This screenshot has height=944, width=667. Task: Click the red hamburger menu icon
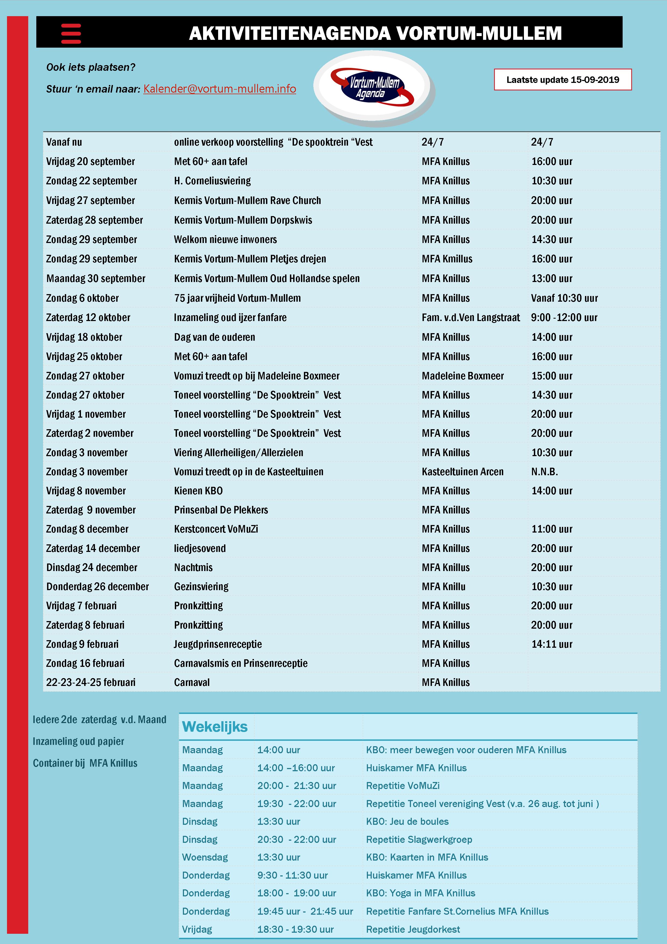coord(71,33)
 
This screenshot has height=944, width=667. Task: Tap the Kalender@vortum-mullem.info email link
coord(219,89)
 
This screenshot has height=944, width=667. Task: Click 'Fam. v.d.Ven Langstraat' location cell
coord(471,318)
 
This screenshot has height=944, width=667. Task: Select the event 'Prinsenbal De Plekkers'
coord(221,510)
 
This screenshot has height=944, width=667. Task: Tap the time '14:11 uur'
coord(552,644)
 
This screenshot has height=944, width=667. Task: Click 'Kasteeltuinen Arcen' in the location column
coord(462,471)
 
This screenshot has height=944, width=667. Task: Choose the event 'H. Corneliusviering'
coord(212,181)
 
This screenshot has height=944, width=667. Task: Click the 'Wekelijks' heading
coord(215,727)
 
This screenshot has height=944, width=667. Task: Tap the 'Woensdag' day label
coord(205,857)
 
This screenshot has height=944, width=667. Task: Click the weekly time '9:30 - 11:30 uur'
coord(292,875)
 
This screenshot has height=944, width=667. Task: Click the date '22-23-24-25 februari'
coord(90,682)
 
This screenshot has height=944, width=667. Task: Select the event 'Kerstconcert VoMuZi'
coord(216,529)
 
